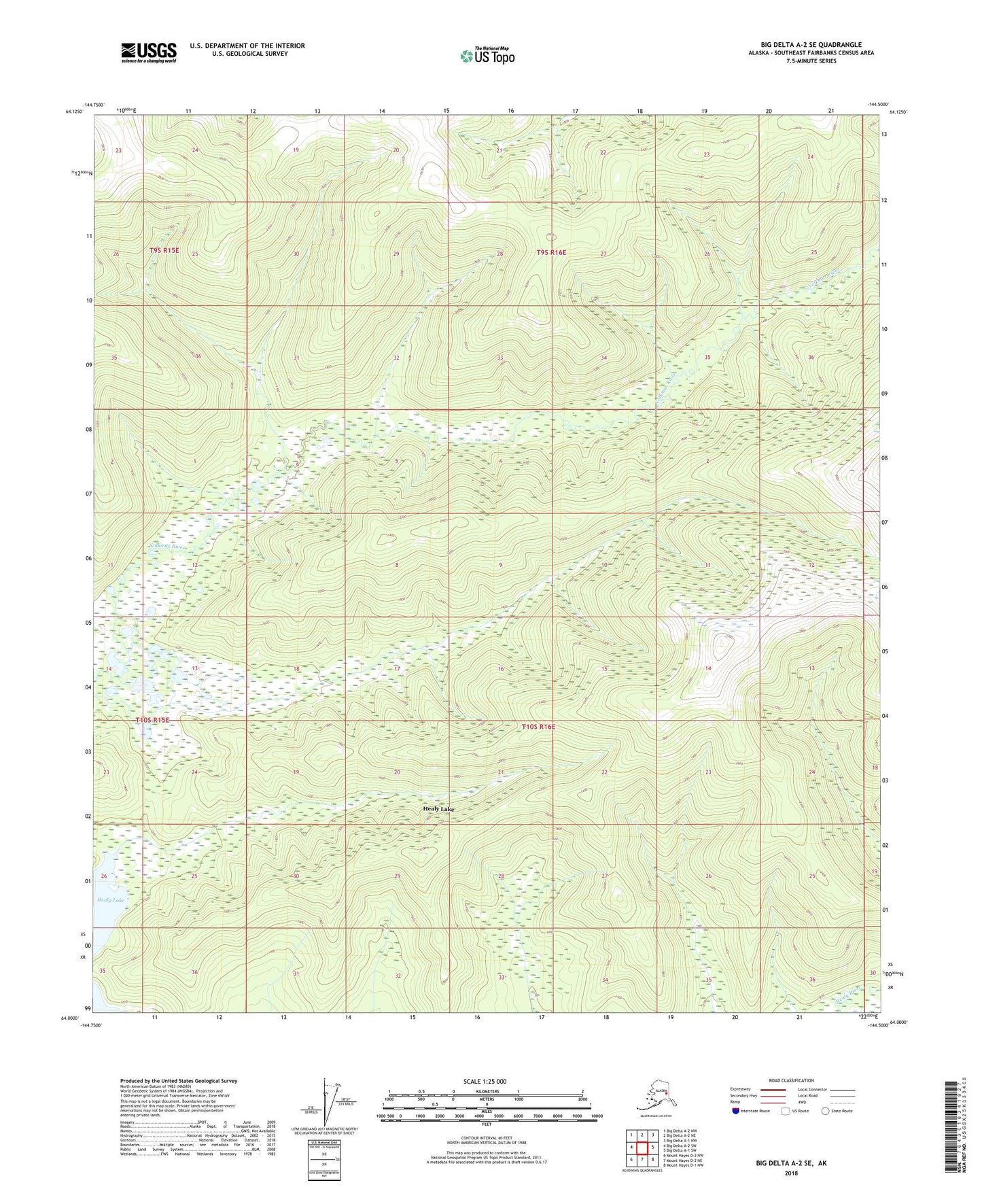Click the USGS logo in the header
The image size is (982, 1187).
tap(148, 52)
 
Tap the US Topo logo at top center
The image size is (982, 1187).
tap(487, 55)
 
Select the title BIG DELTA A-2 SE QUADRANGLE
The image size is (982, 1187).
tap(811, 45)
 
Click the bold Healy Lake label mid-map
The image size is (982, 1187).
tap(438, 809)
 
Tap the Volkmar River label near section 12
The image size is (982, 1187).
tap(168, 546)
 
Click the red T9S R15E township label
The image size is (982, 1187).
tap(164, 250)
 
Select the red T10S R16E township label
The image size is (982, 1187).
tap(538, 727)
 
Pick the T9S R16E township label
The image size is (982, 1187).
tap(550, 252)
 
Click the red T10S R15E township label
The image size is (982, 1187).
tap(152, 719)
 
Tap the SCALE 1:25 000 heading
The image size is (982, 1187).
tap(485, 1081)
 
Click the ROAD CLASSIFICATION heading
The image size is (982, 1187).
tap(791, 1080)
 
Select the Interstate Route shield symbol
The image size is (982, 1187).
tap(736, 1111)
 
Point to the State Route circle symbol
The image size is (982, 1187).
tap(826, 1111)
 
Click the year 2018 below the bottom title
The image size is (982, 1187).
tap(791, 1173)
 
